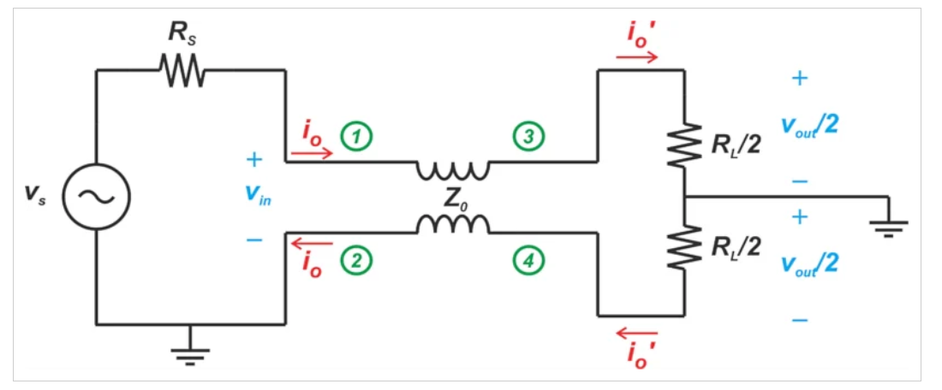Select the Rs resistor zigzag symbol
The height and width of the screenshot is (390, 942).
point(181,71)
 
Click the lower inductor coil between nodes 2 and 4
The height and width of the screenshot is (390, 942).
point(453,224)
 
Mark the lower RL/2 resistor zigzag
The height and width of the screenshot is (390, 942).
point(684,248)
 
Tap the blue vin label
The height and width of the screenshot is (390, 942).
point(253,197)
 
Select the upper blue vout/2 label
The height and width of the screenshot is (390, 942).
point(808,125)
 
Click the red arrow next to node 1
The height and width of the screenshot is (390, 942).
point(312,155)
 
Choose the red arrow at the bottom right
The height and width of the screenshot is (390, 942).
point(637,333)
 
